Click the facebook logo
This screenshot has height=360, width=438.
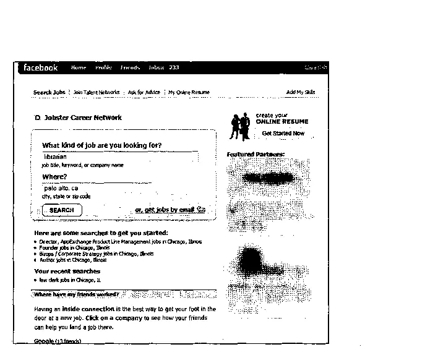(40, 67)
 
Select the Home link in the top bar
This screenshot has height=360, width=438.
(79, 67)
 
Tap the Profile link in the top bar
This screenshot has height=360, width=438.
(103, 67)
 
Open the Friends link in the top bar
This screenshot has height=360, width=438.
(130, 67)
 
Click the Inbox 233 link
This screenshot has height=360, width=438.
(164, 67)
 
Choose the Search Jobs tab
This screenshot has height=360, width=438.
(49, 92)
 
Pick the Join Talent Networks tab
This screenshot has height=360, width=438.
(97, 92)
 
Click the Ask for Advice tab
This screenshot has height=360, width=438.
(144, 92)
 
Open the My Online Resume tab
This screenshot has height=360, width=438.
(189, 92)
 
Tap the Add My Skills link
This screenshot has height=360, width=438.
(301, 92)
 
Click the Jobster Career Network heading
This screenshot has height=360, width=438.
(82, 118)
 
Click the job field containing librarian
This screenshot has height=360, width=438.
(118, 157)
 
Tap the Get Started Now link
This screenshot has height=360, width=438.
(283, 133)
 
